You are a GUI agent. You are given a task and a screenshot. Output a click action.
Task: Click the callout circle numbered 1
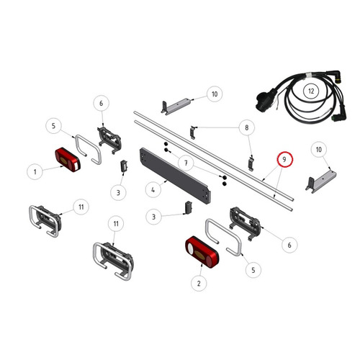pyautogui.click(x=35, y=171)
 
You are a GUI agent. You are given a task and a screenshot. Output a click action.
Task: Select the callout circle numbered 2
pyautogui.click(x=199, y=284)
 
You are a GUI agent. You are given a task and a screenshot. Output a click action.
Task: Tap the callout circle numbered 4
pyautogui.click(x=153, y=190)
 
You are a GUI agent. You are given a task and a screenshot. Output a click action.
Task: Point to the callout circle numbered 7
pyautogui.click(x=186, y=163)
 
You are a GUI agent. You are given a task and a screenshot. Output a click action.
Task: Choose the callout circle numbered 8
pyautogui.click(x=247, y=127)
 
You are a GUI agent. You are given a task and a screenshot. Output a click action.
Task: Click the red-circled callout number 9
pyautogui.click(x=284, y=159)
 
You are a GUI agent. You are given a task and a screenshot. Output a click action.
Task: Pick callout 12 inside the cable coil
pyautogui.click(x=311, y=91)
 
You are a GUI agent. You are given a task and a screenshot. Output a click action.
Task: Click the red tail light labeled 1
pyautogui.click(x=68, y=159)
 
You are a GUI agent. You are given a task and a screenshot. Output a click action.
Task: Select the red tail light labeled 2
pyautogui.click(x=202, y=252)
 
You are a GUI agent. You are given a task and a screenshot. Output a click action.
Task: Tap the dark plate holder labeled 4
pyautogui.click(x=176, y=176)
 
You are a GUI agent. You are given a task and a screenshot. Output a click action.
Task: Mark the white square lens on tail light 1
pyautogui.click(x=76, y=166)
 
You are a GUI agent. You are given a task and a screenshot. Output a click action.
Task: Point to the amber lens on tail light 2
pyautogui.click(x=199, y=254)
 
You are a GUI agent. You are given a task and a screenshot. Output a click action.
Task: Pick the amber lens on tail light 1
pyautogui.click(x=63, y=161)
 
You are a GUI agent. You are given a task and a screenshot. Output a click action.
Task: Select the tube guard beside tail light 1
pyautogui.click(x=89, y=149)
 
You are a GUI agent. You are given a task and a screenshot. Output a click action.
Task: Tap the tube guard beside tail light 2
pyautogui.click(x=223, y=237)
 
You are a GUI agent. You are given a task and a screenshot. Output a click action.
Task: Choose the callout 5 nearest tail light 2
pyautogui.click(x=253, y=270)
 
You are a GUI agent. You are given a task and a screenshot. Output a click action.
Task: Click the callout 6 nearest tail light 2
pyautogui.click(x=289, y=245)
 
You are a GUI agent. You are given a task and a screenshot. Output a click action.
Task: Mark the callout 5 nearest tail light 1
pyautogui.click(x=53, y=126)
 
